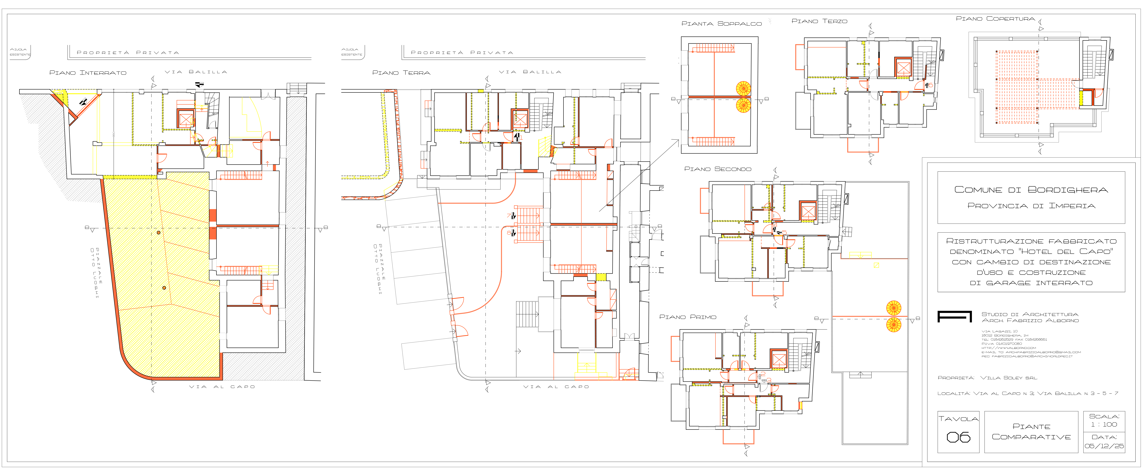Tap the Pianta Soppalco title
(x=721, y=24)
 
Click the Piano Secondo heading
(x=717, y=169)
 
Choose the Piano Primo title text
(x=688, y=317)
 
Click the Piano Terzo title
(x=819, y=21)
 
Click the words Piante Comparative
(x=1031, y=432)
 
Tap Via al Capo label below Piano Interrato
(x=222, y=387)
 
